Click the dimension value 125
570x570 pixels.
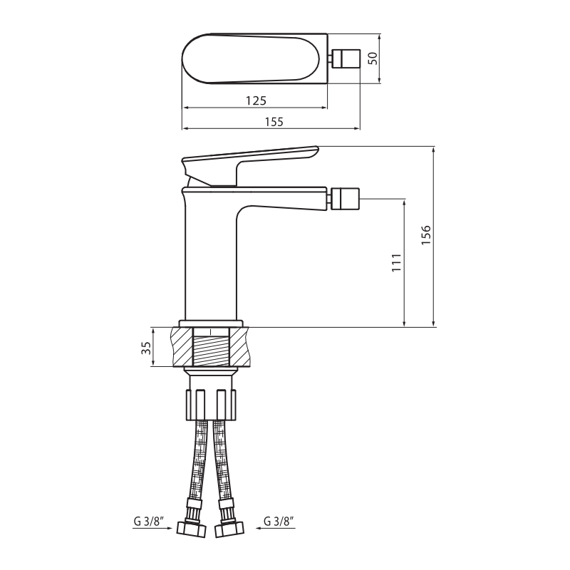click(256, 100)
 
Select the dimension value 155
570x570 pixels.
click(274, 121)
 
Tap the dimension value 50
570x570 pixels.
click(373, 58)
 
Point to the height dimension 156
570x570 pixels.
click(425, 235)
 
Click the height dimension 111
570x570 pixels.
click(396, 263)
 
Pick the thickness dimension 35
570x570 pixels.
click(146, 348)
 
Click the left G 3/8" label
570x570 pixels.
click(149, 522)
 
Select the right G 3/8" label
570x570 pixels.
click(279, 522)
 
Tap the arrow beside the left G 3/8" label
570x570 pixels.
click(152, 528)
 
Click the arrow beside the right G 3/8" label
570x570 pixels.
click(276, 528)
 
